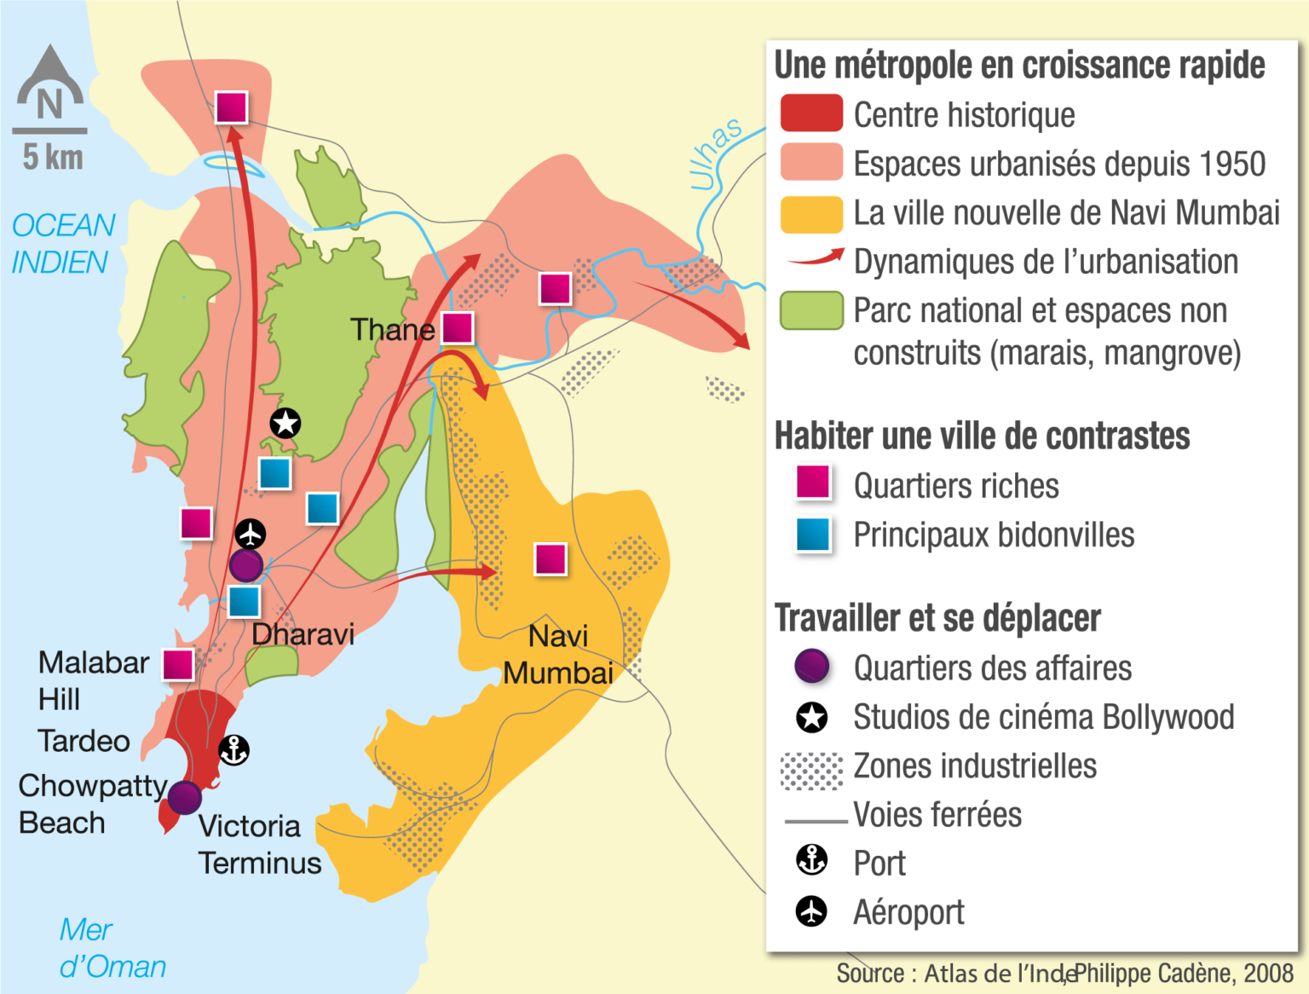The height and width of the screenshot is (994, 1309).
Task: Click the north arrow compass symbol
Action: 50,85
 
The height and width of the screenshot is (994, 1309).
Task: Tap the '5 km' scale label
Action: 53,158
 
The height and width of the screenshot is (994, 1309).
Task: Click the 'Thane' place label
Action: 392,330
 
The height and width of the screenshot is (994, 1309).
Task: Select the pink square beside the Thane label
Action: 458,327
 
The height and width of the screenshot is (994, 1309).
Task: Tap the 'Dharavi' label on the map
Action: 303,634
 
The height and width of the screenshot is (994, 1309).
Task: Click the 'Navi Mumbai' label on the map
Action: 558,655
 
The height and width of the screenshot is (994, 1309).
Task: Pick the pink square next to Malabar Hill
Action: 178,664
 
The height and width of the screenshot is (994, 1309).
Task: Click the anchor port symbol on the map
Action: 234,750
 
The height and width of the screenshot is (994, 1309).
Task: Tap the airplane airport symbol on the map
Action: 250,535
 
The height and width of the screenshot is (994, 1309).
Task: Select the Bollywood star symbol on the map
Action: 285,423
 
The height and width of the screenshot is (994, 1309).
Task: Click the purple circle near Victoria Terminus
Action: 184,797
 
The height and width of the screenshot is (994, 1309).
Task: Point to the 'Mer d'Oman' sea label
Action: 112,948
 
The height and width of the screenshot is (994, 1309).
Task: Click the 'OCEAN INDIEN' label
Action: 62,244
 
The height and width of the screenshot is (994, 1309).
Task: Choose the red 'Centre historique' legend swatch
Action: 811,114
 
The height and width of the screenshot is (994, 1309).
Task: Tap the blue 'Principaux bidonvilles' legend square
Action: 813,535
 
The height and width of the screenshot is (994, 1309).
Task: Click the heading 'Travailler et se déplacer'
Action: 937,618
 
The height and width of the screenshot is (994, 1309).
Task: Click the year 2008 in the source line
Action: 1268,974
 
